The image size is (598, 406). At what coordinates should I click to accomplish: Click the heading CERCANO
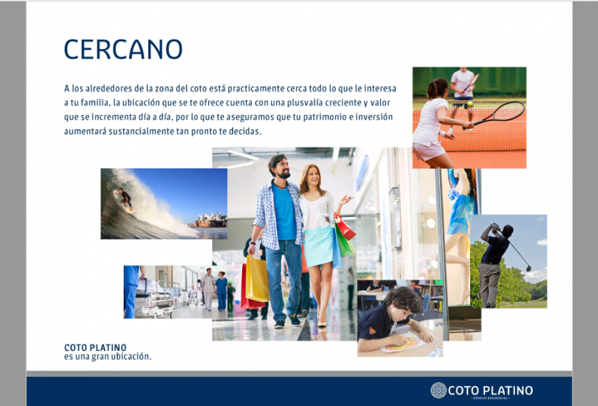click(x=123, y=49)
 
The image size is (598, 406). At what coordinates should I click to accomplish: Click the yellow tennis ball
click(x=470, y=103)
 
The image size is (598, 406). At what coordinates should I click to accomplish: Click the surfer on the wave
click(x=124, y=199)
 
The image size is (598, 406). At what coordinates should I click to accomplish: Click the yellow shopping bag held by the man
click(x=257, y=278)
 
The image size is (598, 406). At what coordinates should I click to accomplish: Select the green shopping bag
click(x=345, y=242)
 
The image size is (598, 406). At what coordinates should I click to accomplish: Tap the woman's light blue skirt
click(x=319, y=247)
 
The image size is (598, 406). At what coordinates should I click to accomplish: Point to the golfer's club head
click(x=528, y=268)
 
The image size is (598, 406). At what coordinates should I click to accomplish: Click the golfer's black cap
click(x=508, y=230)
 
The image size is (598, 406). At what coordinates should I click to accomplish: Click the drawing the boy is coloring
click(x=402, y=342)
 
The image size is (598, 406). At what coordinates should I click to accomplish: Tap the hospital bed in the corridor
click(x=155, y=297)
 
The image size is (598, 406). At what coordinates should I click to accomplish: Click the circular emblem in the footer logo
click(x=438, y=390)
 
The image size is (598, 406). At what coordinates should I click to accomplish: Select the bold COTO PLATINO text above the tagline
click(x=95, y=347)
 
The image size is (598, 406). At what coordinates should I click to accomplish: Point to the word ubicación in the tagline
click(x=134, y=357)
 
